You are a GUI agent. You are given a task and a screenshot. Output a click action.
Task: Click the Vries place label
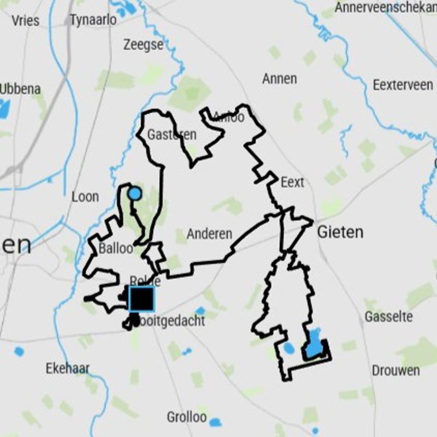click(26, 21)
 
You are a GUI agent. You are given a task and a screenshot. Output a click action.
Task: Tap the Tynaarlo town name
click(93, 20)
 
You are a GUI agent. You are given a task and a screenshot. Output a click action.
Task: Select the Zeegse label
click(143, 45)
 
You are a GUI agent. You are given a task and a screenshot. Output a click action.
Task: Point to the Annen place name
click(279, 79)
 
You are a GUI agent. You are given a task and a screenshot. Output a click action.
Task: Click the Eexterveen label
click(403, 85)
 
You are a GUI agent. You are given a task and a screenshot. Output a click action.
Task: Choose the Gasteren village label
click(164, 135)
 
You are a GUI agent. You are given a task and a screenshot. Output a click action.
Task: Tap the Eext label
click(292, 182)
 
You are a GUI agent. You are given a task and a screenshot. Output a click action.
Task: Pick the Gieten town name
click(340, 233)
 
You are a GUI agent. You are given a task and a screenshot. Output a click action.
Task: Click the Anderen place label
click(209, 234)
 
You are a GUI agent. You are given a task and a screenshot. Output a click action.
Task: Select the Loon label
click(85, 197)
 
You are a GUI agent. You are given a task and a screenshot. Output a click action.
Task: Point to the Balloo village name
click(116, 249)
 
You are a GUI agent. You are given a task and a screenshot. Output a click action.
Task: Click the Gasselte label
click(388, 317)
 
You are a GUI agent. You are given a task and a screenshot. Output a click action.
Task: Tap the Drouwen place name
click(396, 370)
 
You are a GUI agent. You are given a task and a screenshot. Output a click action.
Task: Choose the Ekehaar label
click(67, 369)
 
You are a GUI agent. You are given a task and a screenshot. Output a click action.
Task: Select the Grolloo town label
click(187, 418)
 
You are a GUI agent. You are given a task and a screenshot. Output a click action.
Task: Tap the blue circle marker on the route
click(134, 193)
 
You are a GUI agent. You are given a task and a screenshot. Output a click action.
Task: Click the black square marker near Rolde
click(141, 299)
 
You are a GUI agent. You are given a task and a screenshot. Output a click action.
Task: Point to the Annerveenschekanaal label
click(386, 8)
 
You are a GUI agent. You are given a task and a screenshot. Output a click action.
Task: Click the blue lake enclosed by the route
click(314, 346)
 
